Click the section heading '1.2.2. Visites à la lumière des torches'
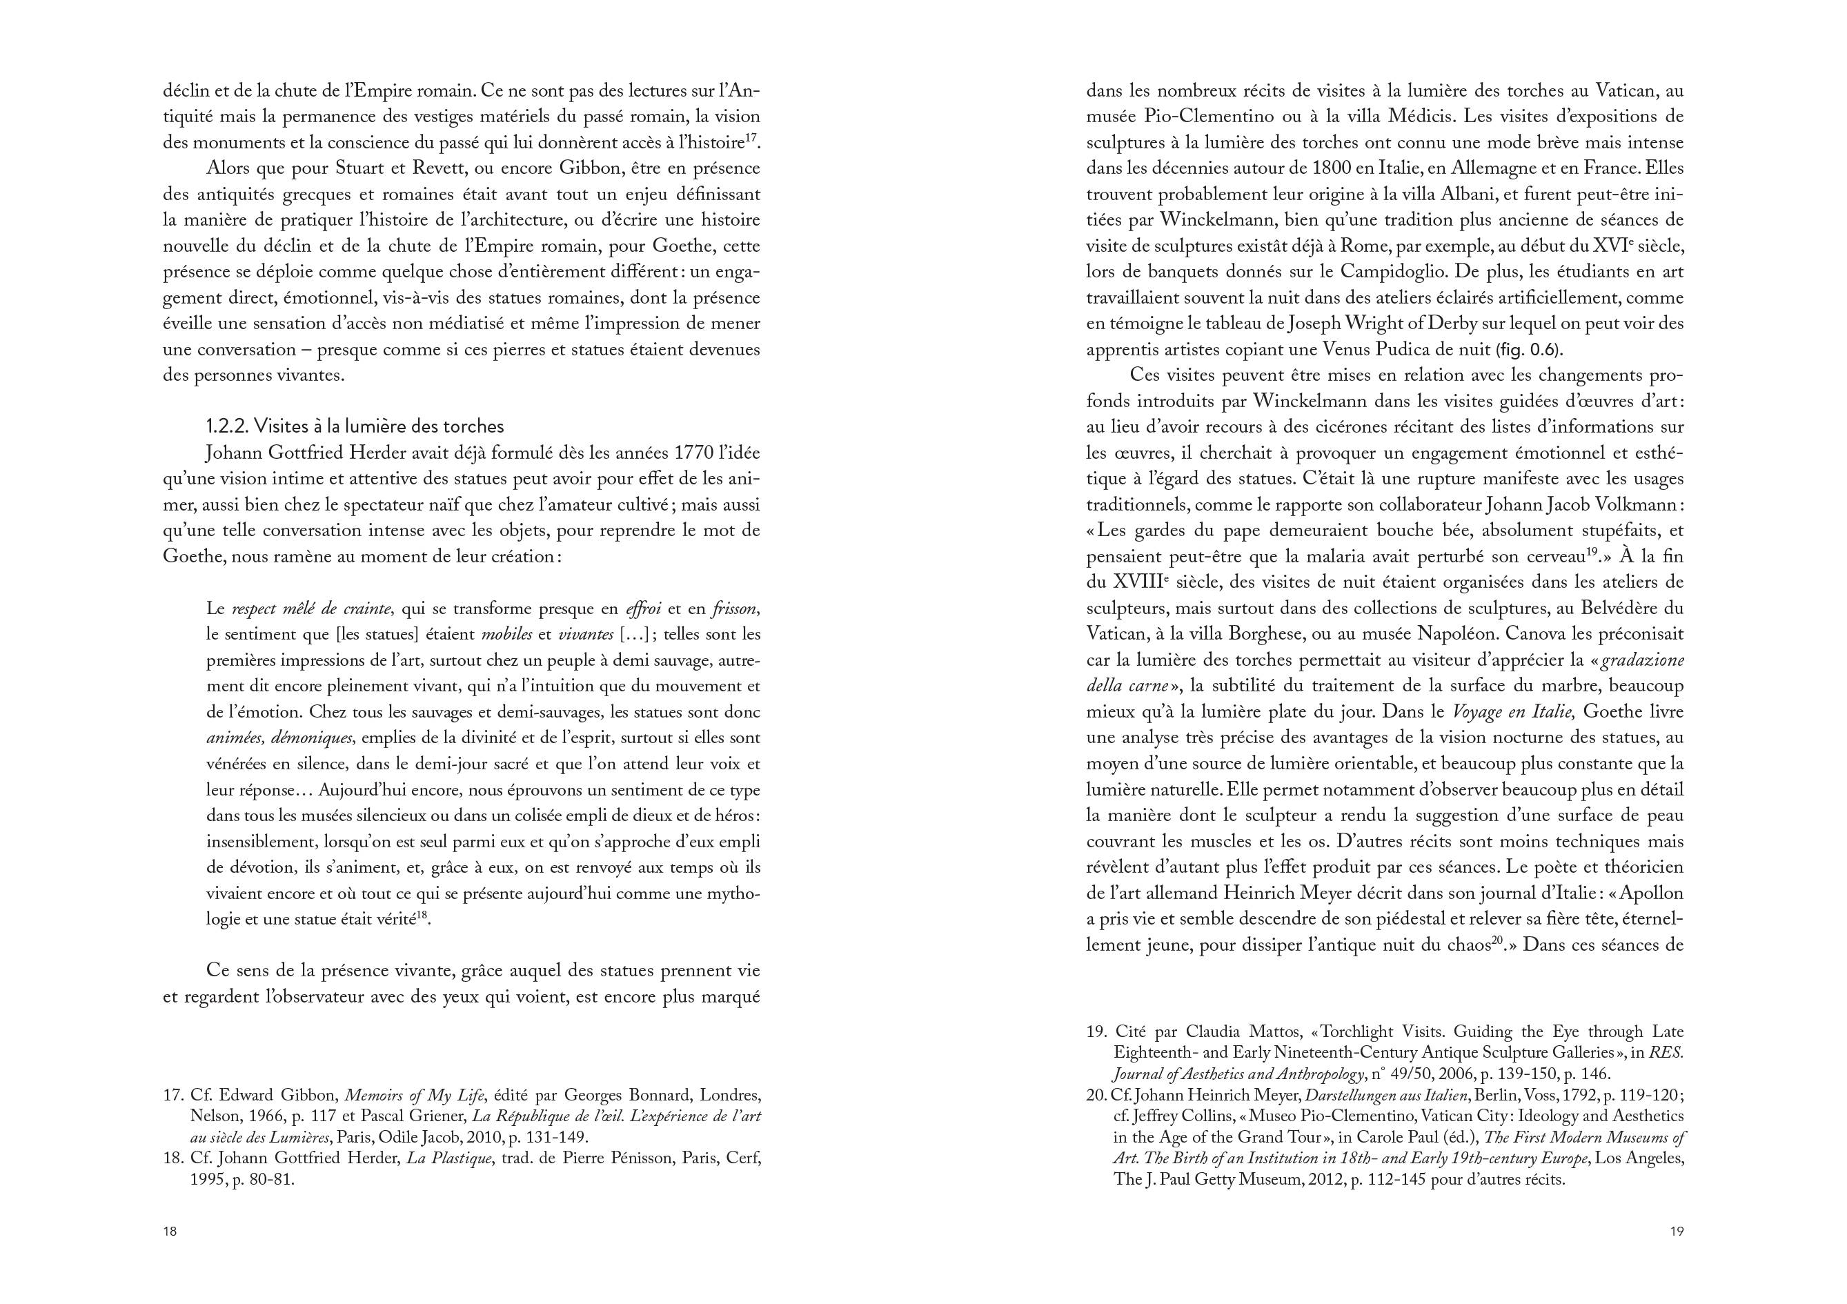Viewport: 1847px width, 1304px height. [355, 426]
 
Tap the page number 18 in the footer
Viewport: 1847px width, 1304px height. [170, 1231]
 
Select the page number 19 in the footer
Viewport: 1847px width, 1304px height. [1677, 1231]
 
